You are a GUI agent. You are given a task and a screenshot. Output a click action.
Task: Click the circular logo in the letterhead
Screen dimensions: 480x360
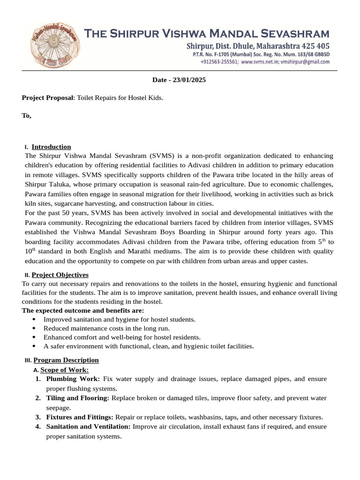click(x=51, y=45)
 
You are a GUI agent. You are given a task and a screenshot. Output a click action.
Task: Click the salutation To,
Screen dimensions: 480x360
click(x=27, y=115)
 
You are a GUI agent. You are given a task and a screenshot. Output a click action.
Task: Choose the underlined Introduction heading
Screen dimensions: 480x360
click(x=51, y=147)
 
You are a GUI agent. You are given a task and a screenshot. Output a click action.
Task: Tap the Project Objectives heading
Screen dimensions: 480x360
click(x=60, y=275)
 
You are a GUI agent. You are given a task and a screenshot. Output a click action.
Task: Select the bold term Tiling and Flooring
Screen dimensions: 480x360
click(x=77, y=398)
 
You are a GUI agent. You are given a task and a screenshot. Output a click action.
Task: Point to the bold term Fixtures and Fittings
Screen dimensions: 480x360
click(x=80, y=417)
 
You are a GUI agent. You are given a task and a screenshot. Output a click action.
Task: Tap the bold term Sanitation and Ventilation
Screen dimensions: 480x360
click(x=89, y=427)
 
